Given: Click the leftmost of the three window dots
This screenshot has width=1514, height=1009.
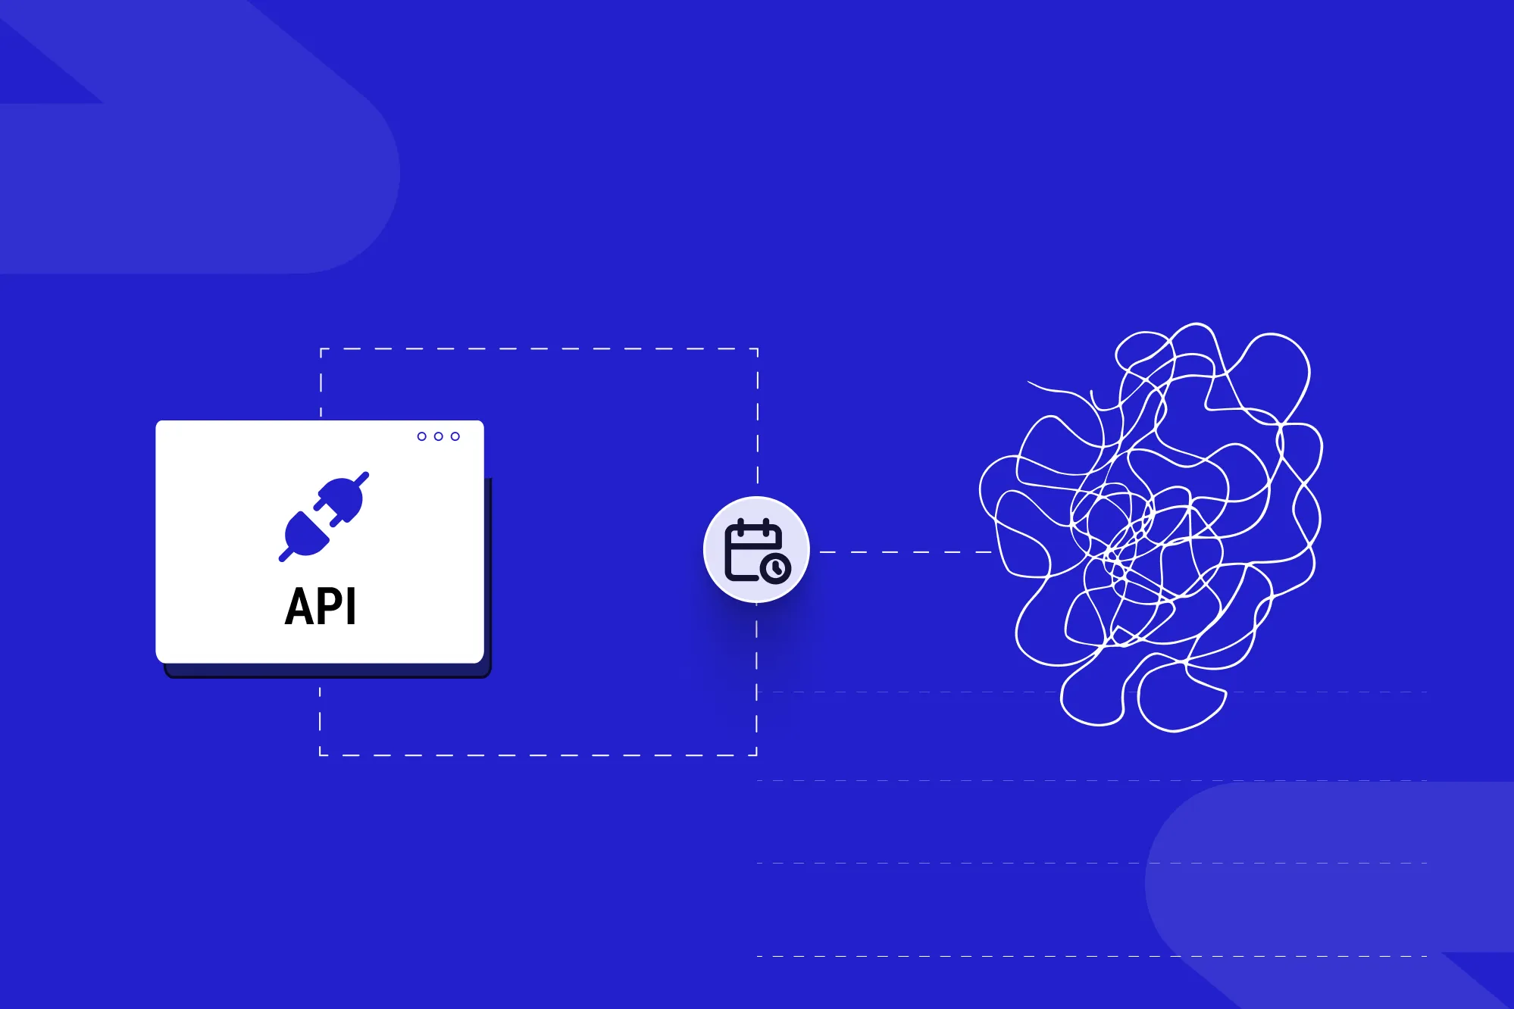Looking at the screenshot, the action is (422, 436).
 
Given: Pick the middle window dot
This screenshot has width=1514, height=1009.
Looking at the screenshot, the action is (439, 436).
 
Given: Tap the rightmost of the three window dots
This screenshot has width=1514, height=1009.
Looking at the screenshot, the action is (455, 436).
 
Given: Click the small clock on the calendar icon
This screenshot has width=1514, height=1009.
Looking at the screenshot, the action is (776, 568).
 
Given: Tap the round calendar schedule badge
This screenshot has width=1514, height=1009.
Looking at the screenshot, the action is (756, 549).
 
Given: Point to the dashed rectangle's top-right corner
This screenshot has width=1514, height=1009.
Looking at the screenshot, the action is (758, 349).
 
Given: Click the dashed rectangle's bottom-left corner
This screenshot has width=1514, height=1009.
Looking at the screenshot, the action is (321, 754).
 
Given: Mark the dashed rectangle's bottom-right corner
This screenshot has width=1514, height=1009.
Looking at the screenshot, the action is (757, 754).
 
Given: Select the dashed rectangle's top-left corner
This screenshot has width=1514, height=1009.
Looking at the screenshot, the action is (321, 349).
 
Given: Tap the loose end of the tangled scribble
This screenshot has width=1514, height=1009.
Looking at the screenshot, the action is (1029, 383).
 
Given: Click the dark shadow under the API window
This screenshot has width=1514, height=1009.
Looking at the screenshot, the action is (326, 670).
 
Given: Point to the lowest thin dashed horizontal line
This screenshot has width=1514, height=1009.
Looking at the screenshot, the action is (1091, 956).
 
